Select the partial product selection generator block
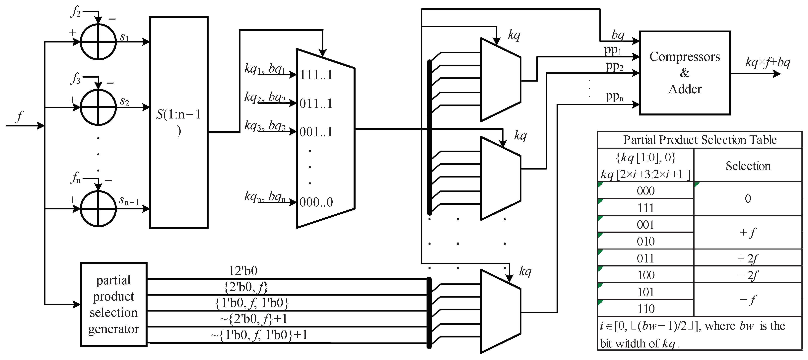(x=113, y=304)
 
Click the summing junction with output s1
(x=98, y=41)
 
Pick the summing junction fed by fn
(x=98, y=208)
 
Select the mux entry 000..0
(x=316, y=202)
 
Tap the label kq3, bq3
(x=265, y=125)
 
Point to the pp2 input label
(x=614, y=66)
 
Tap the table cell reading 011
(x=645, y=258)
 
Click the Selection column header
(x=748, y=166)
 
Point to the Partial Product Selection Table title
(x=700, y=140)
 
